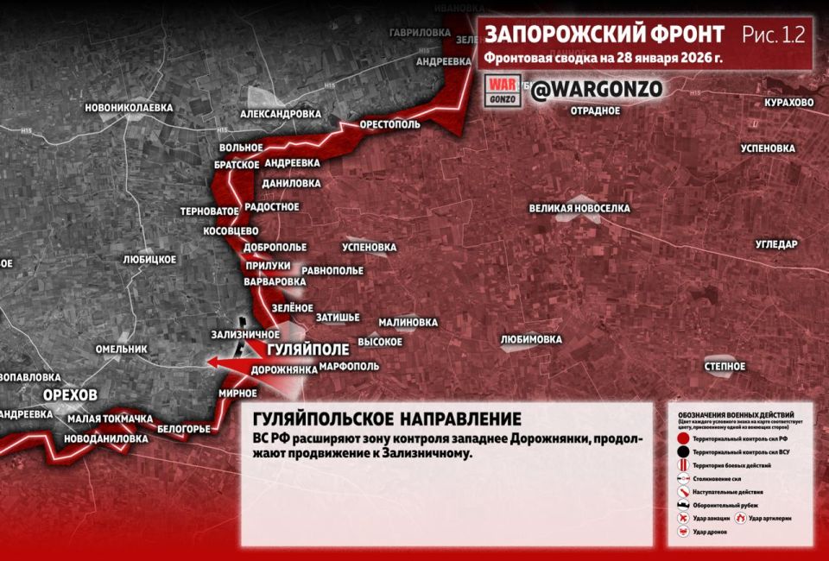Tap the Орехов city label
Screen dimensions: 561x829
tap(70, 394)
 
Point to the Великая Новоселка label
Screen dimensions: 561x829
tap(579, 209)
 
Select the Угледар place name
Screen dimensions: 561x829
tap(776, 244)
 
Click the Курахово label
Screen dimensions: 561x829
tap(788, 103)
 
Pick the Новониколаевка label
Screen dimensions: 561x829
tap(129, 108)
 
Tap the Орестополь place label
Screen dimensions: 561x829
tap(389, 124)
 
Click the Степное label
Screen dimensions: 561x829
tap(725, 367)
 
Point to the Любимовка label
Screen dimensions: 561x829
tap(531, 339)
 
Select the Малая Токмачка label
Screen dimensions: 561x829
tap(110, 419)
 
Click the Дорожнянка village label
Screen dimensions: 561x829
tap(284, 369)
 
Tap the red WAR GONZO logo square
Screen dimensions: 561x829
tap(502, 90)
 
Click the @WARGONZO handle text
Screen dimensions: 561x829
tap(596, 90)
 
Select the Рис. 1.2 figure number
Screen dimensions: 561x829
tap(773, 35)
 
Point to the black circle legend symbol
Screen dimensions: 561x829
tap(683, 451)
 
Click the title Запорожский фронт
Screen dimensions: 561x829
tap(604, 35)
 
